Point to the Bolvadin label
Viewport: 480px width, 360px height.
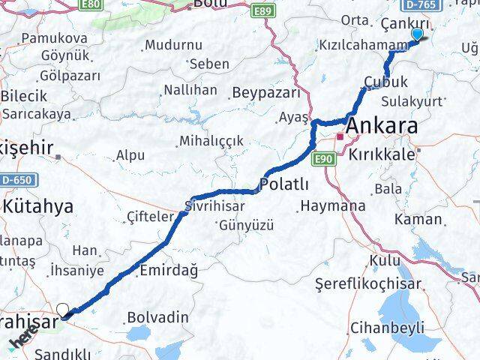tap(157, 317)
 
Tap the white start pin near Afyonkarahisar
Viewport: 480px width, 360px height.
tap(63, 310)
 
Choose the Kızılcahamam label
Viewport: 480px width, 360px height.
tap(362, 46)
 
